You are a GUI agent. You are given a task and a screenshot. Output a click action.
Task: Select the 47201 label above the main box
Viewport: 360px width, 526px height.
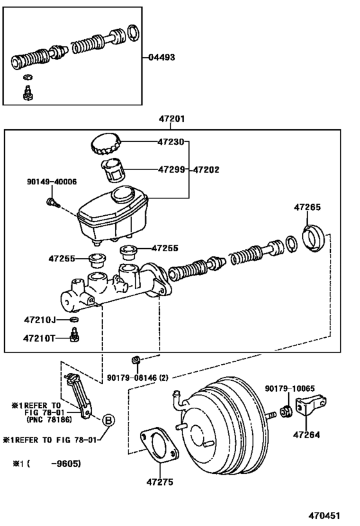click(x=172, y=119)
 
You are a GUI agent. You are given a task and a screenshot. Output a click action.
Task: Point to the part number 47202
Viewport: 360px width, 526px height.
click(x=206, y=170)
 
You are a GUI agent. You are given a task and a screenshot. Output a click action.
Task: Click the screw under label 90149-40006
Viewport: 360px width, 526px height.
click(x=53, y=204)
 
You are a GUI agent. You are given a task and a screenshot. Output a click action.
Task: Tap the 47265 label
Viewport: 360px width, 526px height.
click(x=307, y=208)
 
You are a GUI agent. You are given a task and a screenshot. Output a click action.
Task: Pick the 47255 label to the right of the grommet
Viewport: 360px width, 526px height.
click(x=165, y=248)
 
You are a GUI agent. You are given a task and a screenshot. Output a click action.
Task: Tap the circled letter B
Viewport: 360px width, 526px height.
click(x=109, y=420)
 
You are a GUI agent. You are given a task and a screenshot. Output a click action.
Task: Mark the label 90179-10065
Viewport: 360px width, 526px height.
click(x=289, y=389)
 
